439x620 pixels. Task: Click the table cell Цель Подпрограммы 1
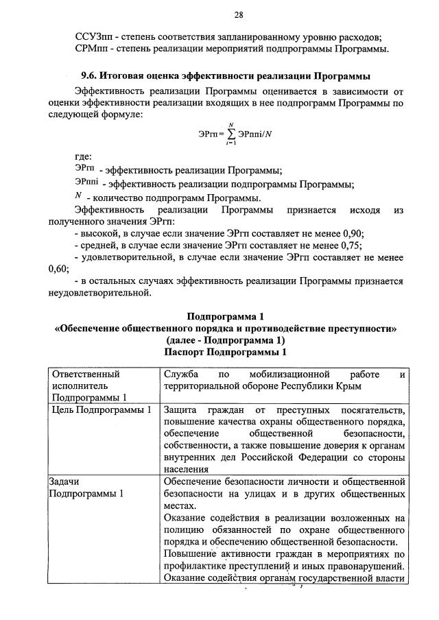[101, 410]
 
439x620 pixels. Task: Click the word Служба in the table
[182, 374]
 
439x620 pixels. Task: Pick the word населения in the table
[187, 470]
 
